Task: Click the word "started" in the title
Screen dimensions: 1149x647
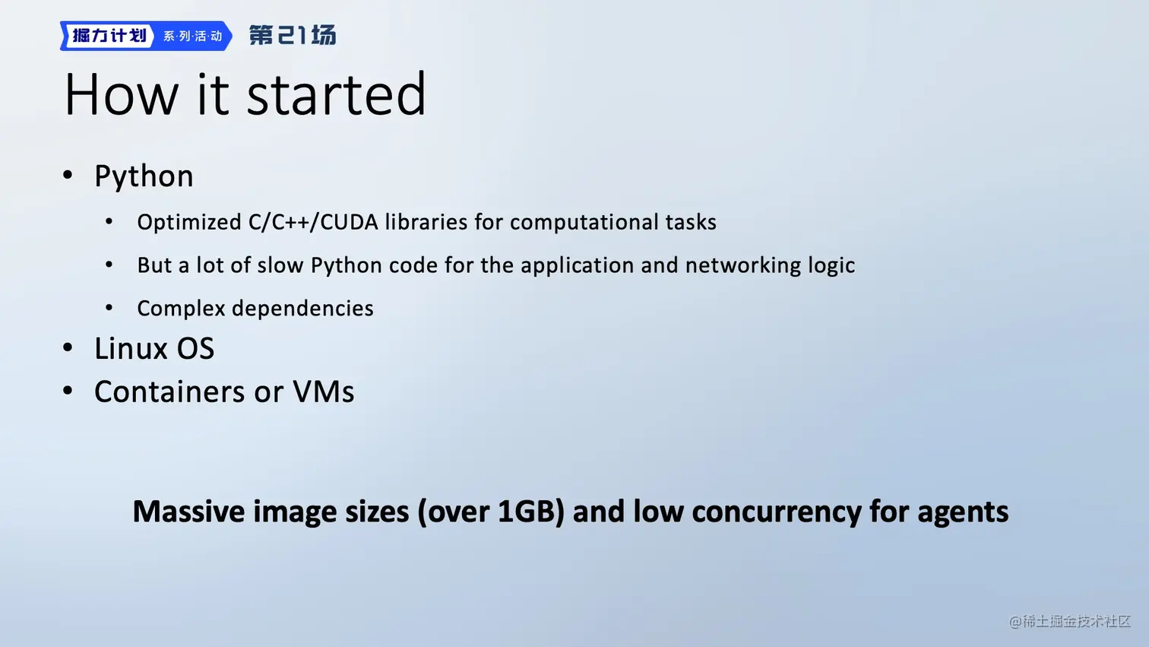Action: [336, 94]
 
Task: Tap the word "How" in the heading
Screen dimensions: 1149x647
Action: [122, 94]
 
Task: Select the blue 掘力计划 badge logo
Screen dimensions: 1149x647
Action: [146, 36]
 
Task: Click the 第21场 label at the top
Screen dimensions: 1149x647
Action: [293, 36]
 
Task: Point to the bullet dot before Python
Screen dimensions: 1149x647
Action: [68, 176]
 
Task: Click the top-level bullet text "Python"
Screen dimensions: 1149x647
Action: [144, 176]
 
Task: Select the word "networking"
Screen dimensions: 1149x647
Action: [742, 266]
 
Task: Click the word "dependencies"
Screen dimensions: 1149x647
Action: [302, 309]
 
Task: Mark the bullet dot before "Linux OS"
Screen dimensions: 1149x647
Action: [68, 348]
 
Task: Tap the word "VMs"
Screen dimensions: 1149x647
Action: [323, 392]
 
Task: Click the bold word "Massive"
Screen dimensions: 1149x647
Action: [188, 511]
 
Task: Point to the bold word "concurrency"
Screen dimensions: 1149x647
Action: [776, 512]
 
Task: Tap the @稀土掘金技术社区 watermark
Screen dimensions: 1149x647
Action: [1070, 621]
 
